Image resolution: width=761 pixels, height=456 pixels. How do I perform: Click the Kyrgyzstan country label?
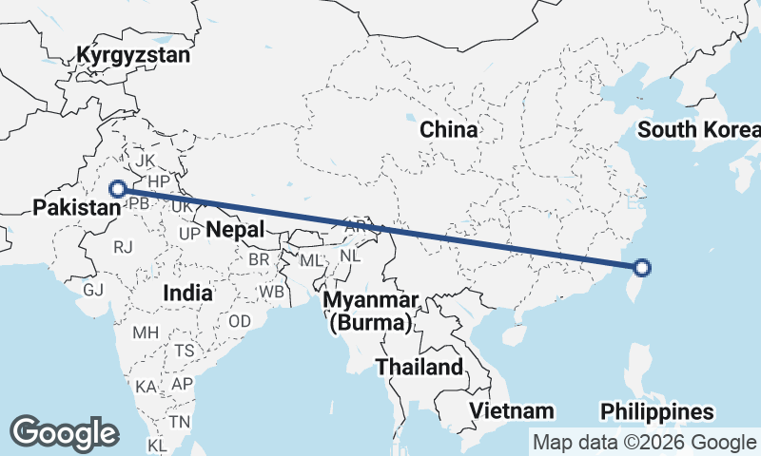tap(134, 54)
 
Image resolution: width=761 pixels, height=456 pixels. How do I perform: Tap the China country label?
tap(449, 129)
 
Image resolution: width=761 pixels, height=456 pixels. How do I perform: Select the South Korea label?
tap(699, 130)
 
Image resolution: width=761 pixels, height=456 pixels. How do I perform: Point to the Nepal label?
tap(234, 229)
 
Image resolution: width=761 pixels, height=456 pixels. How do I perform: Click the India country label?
tap(186, 293)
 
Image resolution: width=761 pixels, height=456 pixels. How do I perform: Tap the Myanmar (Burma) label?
tap(371, 312)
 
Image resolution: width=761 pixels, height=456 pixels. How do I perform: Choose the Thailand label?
tap(420, 367)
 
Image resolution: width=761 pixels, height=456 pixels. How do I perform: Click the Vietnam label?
tap(512, 410)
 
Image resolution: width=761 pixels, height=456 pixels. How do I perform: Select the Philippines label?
tap(657, 412)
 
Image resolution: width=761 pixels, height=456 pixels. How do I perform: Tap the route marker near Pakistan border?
tap(118, 188)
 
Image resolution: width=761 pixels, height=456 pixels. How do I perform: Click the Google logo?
tap(64, 432)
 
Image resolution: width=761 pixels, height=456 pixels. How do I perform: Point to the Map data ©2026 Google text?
tap(643, 442)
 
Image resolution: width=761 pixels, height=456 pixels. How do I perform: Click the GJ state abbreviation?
tap(93, 290)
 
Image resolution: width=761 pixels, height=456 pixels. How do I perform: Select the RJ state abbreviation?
tap(123, 247)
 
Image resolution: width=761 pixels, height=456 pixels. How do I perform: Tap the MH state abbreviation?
tap(146, 332)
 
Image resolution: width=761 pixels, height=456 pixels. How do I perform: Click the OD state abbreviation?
tap(240, 321)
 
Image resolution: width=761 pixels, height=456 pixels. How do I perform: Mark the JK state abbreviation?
tap(145, 161)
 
